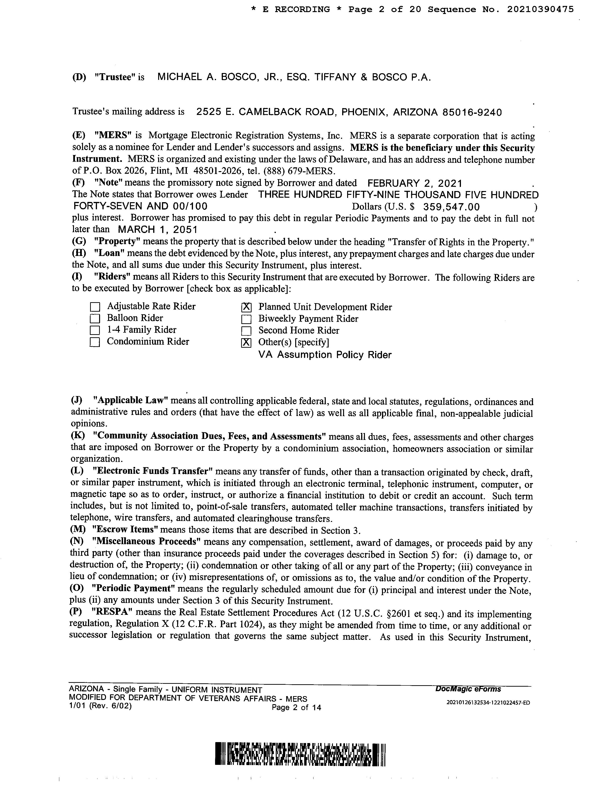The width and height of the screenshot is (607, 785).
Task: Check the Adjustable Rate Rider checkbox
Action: [95, 307]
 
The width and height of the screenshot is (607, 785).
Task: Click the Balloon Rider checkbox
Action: [95, 319]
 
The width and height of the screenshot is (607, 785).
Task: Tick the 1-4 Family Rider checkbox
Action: [95, 330]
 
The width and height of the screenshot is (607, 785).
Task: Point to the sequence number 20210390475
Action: [540, 10]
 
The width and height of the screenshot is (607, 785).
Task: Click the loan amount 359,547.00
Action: [451, 207]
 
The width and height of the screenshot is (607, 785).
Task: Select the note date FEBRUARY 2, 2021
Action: [415, 184]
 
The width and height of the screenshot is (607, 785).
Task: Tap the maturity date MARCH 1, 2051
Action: [157, 229]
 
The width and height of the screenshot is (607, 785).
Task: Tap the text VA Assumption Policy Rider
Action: [325, 355]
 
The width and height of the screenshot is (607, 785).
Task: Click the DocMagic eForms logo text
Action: [468, 689]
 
